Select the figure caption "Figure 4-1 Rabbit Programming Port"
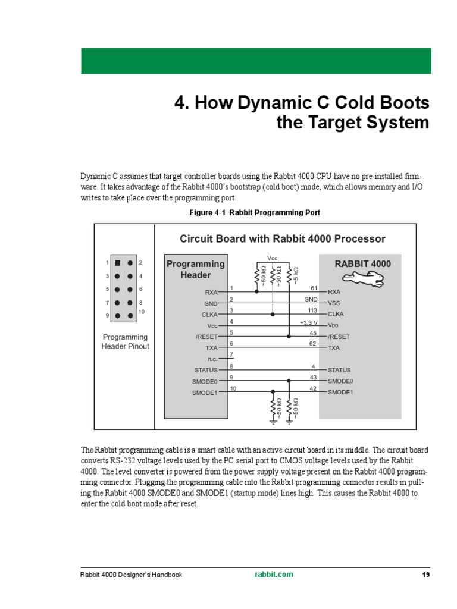coord(255,212)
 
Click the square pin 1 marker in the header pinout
coord(118,262)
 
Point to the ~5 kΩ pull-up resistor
coord(289,276)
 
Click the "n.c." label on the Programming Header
coord(212,359)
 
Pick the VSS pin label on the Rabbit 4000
coord(334,303)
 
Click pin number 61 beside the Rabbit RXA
coord(314,288)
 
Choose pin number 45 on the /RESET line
coord(314,332)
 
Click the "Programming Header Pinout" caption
coord(125,341)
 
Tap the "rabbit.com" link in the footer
coord(274,575)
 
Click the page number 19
coord(425,575)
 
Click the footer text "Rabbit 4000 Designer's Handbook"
coord(131,575)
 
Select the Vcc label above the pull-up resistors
coord(273,258)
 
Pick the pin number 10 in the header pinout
coord(142,312)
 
